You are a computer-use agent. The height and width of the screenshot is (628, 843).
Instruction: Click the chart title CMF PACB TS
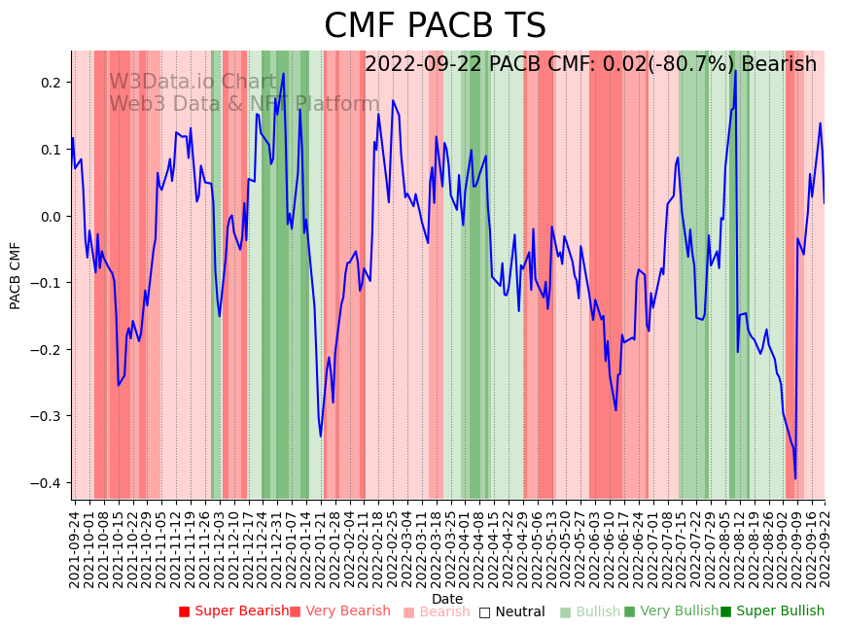pyautogui.click(x=435, y=26)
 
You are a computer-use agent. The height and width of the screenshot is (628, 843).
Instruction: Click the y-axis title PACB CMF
pyautogui.click(x=16, y=275)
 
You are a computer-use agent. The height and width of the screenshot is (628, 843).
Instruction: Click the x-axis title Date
pyautogui.click(x=447, y=599)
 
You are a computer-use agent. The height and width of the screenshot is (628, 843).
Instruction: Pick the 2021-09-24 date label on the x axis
pyautogui.click(x=74, y=549)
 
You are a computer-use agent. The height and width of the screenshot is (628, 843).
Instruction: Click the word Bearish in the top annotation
pyautogui.click(x=779, y=64)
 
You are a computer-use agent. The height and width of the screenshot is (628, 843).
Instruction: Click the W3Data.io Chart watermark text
pyautogui.click(x=193, y=82)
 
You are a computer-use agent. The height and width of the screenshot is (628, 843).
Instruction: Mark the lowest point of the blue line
pyautogui.click(x=795, y=478)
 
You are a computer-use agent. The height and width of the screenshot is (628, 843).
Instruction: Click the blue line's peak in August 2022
pyautogui.click(x=736, y=71)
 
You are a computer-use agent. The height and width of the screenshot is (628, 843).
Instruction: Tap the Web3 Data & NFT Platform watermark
pyautogui.click(x=244, y=104)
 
